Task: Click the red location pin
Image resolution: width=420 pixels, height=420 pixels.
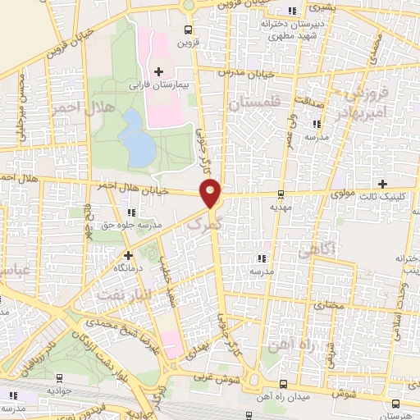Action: point(212,193)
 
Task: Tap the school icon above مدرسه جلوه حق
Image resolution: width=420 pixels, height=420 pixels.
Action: point(131,212)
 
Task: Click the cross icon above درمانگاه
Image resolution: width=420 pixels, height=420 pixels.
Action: point(127,255)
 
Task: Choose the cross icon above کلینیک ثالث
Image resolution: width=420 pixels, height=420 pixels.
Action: point(382,182)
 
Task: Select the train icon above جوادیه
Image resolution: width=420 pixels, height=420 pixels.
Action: point(59,378)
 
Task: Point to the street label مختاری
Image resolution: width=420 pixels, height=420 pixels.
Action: point(327,304)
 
